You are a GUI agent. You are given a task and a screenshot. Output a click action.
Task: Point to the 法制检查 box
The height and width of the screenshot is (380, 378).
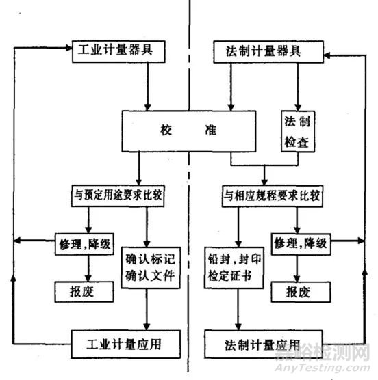point(297,131)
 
